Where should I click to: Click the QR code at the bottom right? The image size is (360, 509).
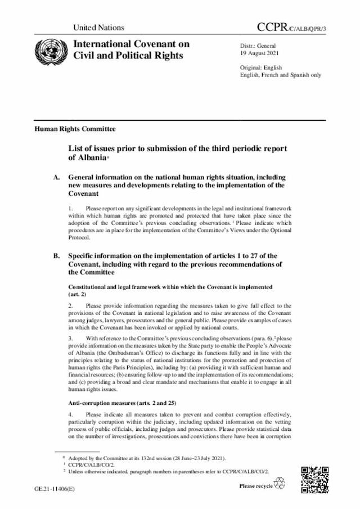coord(313,480)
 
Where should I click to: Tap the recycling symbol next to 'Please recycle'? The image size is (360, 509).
coord(279,484)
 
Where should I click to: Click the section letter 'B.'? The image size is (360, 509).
coord(57,256)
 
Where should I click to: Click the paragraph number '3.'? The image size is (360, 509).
coord(71,339)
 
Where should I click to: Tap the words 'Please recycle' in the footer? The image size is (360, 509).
coord(255,485)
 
